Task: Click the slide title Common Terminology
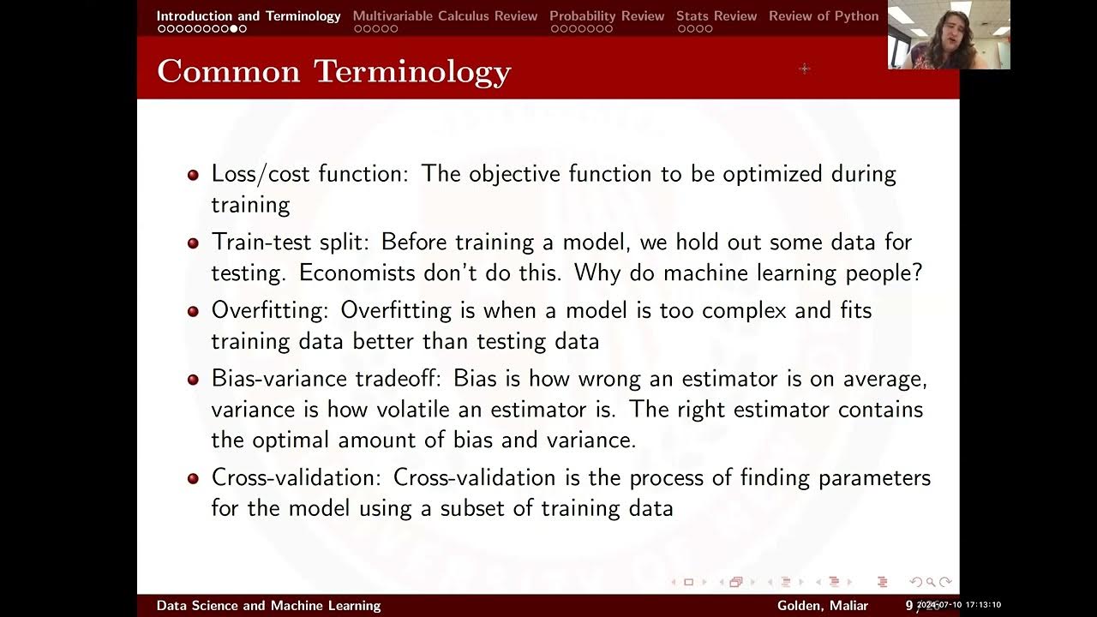point(333,71)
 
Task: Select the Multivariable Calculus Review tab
point(445,15)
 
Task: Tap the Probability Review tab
point(607,15)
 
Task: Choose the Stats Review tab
point(716,15)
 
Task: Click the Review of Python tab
point(823,15)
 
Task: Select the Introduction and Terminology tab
point(248,15)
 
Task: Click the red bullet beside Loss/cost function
point(193,174)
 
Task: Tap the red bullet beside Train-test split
point(193,243)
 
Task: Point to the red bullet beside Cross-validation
point(193,478)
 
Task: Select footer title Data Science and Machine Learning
point(268,606)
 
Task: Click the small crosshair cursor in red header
point(804,68)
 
